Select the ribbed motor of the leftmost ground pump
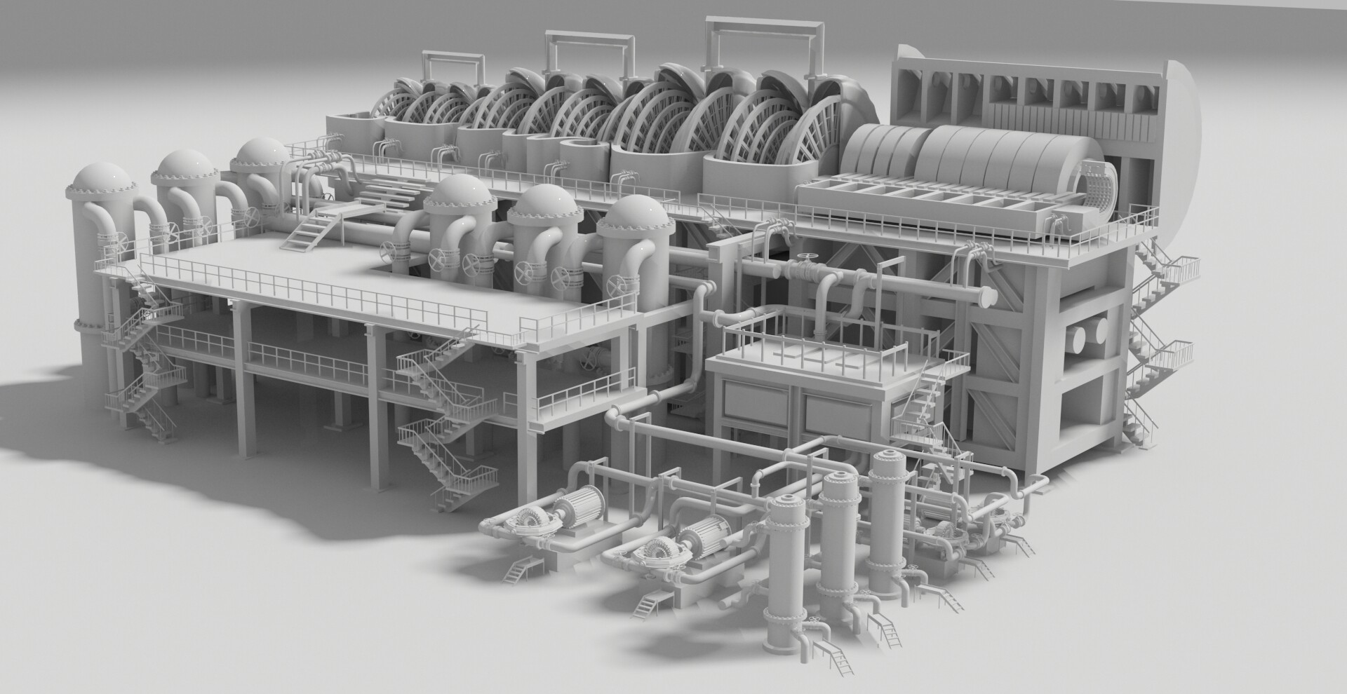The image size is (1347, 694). coord(583,505)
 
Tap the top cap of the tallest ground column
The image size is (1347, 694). coord(889,462)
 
